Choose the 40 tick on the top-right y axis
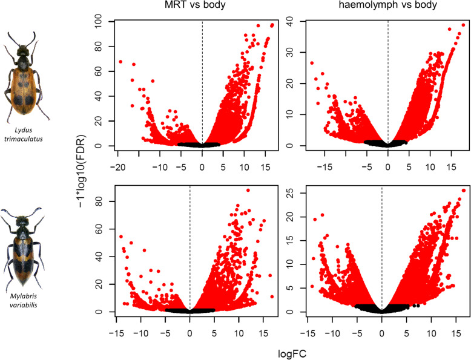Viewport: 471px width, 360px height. coord(297,22)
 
